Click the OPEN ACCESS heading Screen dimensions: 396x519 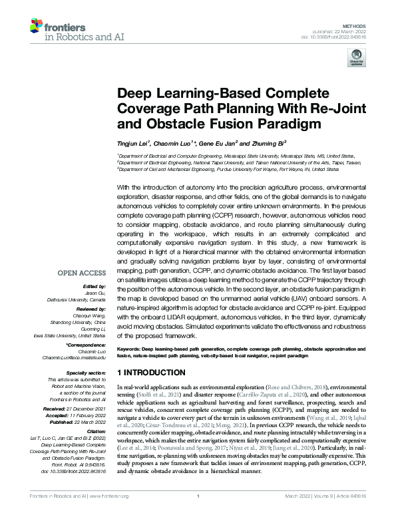[81, 273]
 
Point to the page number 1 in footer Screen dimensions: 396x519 [198, 514]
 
